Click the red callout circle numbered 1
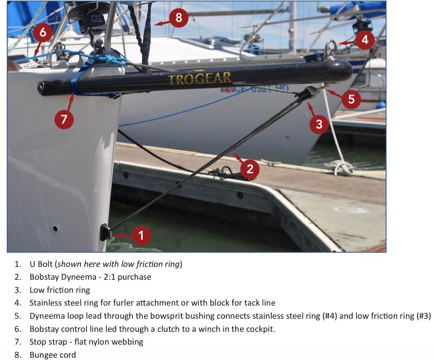(141, 236)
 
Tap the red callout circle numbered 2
(250, 169)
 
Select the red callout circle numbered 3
(319, 124)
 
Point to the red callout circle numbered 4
(365, 40)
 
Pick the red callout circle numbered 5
(351, 99)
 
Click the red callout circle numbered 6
(43, 32)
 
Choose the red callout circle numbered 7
(64, 119)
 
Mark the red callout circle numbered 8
(178, 18)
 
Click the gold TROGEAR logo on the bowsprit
(200, 78)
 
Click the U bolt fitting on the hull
(106, 232)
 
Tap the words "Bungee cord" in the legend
(53, 355)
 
